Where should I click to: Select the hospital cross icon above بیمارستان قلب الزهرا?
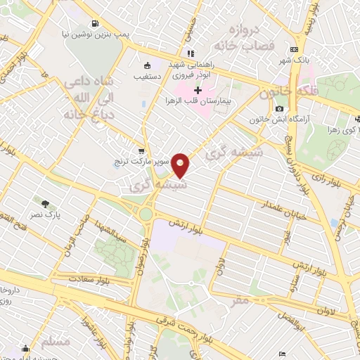pos(198,91)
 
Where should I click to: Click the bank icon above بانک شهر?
pos(293,49)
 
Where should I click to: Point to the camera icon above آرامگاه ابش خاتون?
pos(280,109)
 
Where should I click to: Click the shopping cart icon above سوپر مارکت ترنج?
pos(142,150)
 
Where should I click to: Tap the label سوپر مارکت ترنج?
pos(142,162)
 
